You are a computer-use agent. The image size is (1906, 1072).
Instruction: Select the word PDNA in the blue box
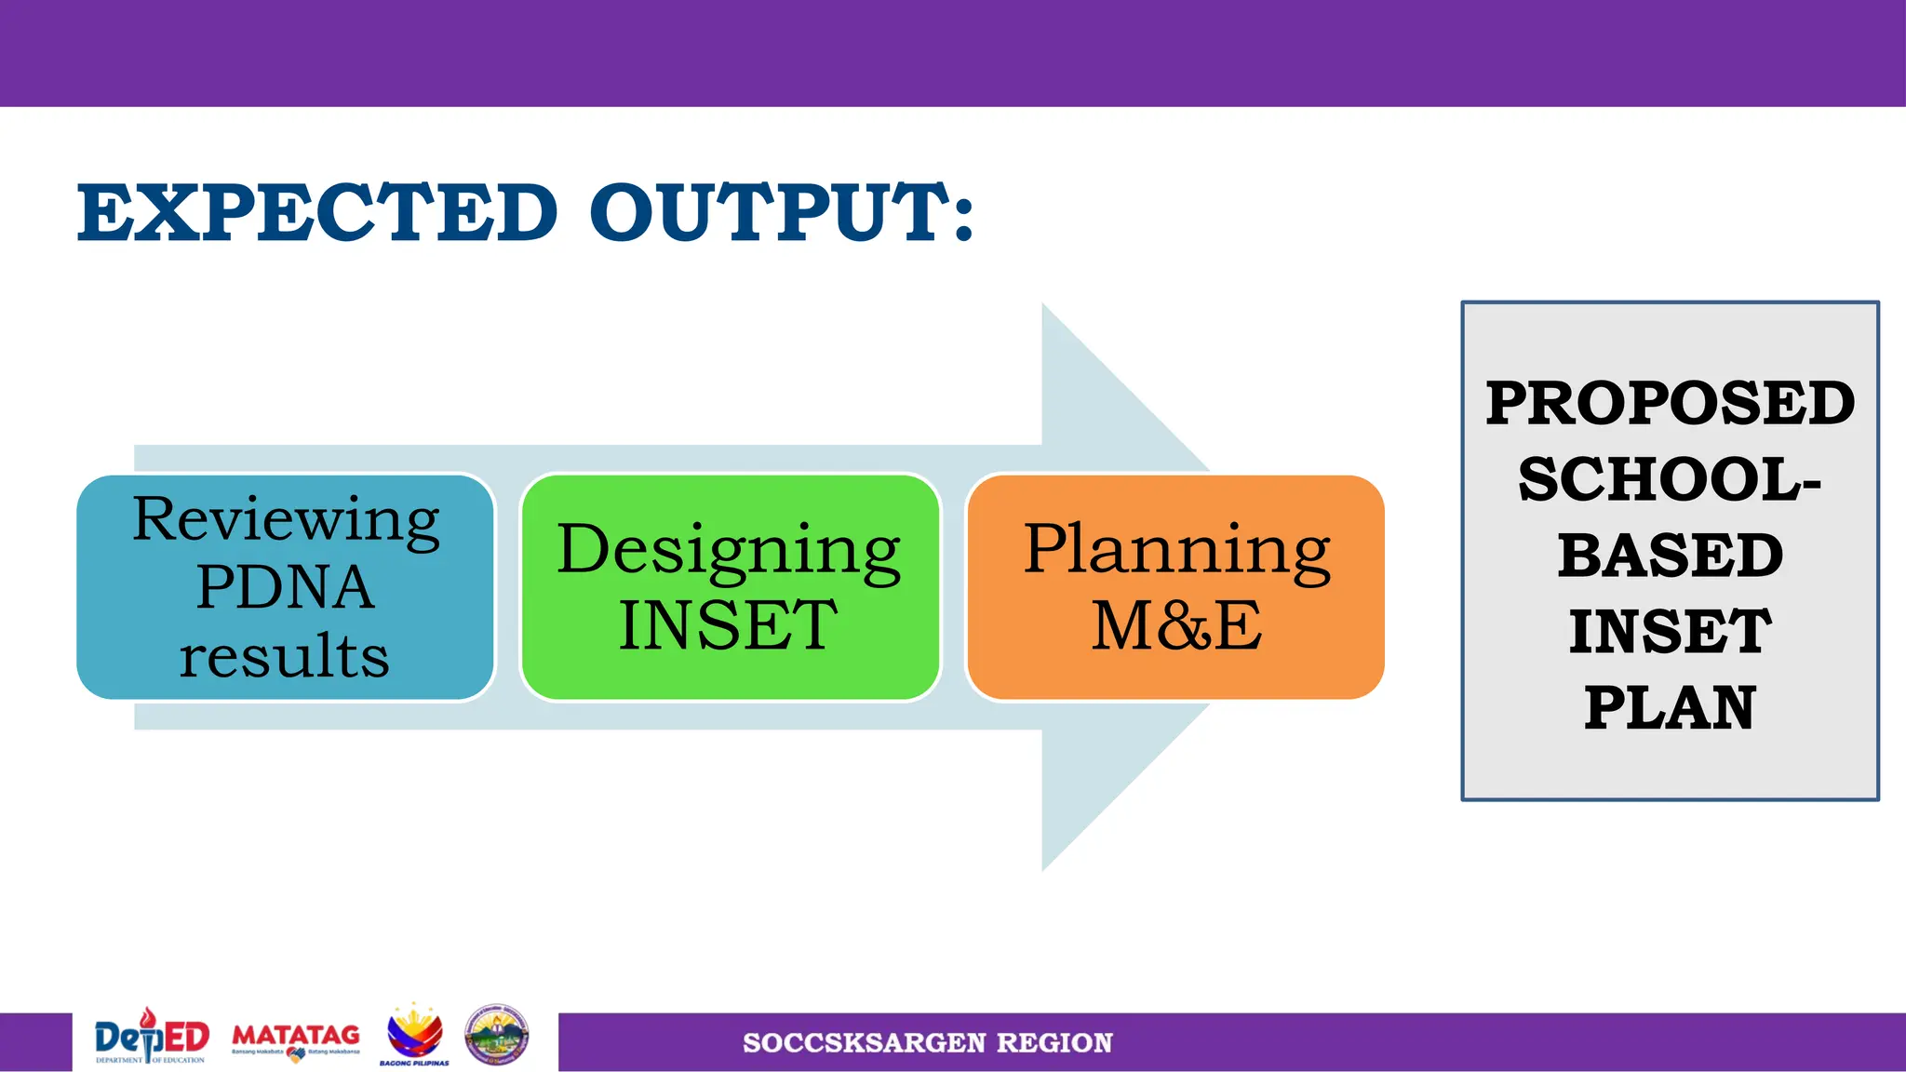pos(286,587)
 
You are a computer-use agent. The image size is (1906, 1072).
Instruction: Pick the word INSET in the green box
pos(729,625)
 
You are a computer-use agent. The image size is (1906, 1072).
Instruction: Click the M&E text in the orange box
pos(1176,625)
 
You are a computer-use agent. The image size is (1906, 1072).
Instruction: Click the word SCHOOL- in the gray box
pos(1671,479)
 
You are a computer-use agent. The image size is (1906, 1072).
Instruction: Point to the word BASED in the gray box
pos(1671,556)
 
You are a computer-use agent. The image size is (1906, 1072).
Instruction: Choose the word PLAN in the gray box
pos(1671,708)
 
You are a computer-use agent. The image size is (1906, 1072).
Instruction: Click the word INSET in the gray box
pos(1671,632)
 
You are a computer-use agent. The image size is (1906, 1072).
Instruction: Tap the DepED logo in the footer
pos(152,1037)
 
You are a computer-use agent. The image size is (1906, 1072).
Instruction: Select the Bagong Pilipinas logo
pos(414,1035)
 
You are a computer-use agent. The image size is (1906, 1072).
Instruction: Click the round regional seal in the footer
pos(497,1035)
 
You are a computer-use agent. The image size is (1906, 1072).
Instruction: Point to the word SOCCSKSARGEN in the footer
pos(864,1043)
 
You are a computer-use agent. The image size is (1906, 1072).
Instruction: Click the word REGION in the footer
pos(1054,1043)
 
